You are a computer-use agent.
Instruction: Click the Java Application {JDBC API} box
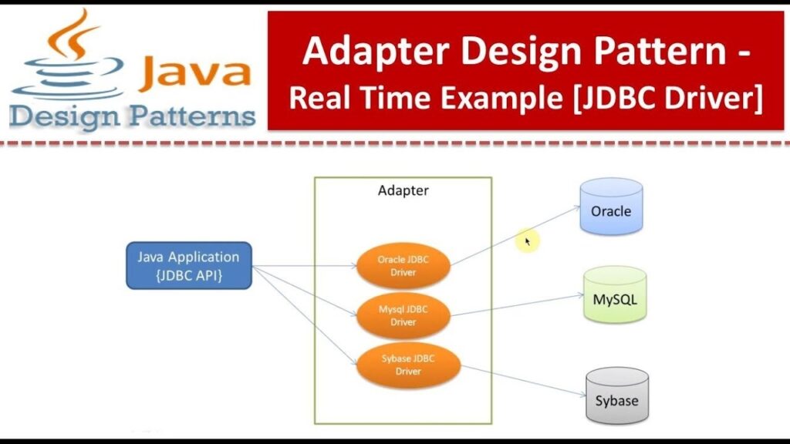(189, 266)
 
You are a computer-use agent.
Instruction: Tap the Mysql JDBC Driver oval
(403, 315)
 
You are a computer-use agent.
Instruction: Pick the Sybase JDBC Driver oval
(407, 364)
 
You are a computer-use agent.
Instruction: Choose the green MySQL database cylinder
(614, 295)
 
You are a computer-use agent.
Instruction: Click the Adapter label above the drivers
(403, 190)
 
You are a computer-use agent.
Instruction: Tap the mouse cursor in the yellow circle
(528, 241)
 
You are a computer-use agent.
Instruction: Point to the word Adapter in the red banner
(363, 52)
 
